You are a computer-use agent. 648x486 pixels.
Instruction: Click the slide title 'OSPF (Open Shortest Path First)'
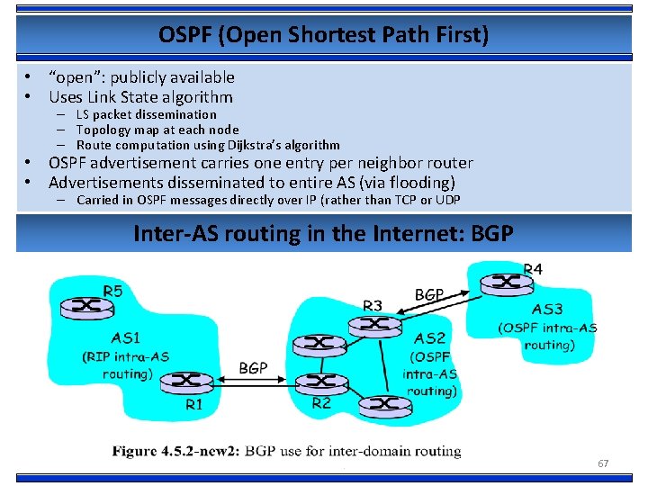tap(323, 35)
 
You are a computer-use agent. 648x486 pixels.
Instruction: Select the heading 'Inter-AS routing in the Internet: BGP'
tap(323, 234)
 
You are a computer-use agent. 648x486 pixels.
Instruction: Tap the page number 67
tap(603, 463)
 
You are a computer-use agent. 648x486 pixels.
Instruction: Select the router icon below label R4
tap(507, 283)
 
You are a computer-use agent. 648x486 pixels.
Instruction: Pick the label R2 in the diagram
tap(321, 402)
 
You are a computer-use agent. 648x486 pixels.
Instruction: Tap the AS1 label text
tap(125, 338)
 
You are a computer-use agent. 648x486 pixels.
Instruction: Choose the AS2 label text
tap(429, 338)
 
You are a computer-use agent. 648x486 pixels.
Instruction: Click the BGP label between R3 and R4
tap(429, 293)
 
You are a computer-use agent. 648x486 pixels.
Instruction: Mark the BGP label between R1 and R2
tap(253, 368)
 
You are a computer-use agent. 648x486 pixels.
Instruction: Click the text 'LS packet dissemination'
tap(147, 114)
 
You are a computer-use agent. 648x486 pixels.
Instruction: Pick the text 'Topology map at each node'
tap(157, 130)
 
